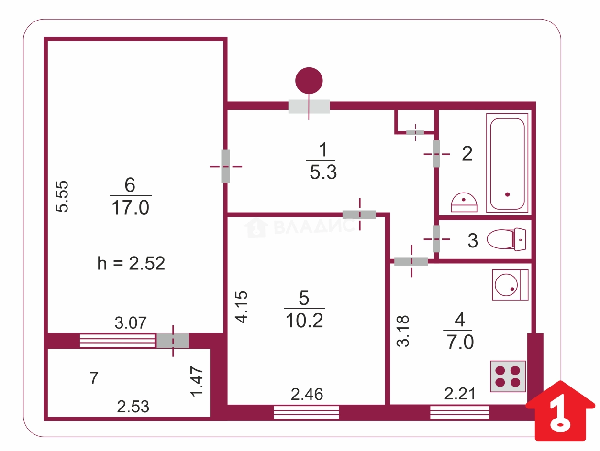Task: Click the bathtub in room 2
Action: click(508, 162)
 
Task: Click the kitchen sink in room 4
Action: click(510, 285)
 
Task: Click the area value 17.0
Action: click(131, 208)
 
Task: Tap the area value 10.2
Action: click(304, 321)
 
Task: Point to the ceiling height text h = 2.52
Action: click(131, 263)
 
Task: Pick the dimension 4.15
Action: click(243, 307)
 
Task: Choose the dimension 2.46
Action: click(307, 395)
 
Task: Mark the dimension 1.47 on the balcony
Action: click(198, 381)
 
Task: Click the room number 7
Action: click(94, 378)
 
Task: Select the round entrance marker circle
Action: click(309, 81)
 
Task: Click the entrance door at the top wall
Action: click(309, 106)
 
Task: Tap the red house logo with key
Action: click(560, 411)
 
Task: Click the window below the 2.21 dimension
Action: click(459, 412)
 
